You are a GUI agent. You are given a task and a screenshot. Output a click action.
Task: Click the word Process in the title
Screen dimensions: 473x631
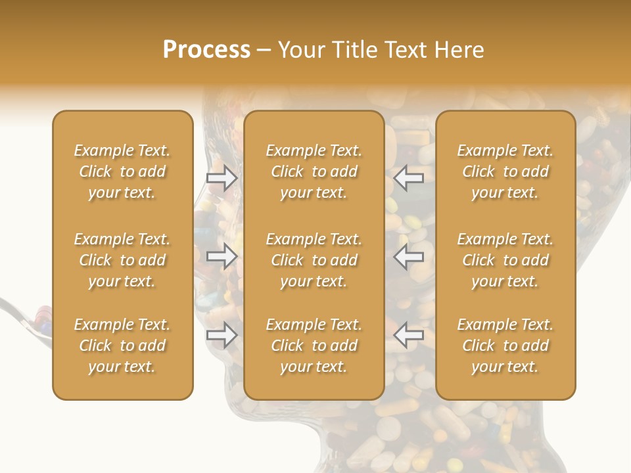[206, 50]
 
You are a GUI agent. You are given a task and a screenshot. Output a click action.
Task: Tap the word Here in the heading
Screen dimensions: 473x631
[459, 50]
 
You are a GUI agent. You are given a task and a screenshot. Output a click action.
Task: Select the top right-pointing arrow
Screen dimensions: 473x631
[222, 177]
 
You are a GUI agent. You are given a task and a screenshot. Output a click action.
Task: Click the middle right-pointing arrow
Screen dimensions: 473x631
[222, 256]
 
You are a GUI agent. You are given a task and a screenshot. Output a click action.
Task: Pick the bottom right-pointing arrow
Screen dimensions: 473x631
[222, 335]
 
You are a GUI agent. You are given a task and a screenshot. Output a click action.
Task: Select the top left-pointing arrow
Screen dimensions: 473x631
[409, 177]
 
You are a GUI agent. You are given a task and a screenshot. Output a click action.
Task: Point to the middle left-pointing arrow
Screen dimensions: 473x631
[409, 256]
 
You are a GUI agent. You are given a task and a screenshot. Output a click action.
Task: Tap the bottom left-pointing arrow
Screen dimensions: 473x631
[409, 335]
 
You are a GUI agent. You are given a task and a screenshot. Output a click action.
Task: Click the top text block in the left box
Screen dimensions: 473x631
[122, 171]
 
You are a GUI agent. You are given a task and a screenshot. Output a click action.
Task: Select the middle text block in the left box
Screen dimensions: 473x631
[122, 260]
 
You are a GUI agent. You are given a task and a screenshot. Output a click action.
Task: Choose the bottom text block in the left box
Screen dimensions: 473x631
[122, 346]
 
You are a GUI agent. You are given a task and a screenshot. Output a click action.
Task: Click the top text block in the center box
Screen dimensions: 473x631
[314, 171]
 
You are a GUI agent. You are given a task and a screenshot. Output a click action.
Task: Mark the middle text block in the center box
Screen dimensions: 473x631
[314, 260]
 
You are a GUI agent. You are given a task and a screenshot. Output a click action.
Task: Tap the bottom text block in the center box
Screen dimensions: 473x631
[314, 346]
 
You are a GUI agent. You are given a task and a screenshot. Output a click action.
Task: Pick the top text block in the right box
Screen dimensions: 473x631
[505, 171]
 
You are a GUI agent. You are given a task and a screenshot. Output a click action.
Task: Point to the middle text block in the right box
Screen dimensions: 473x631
[505, 260]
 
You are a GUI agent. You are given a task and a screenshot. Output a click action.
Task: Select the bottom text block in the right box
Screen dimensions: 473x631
[505, 346]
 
